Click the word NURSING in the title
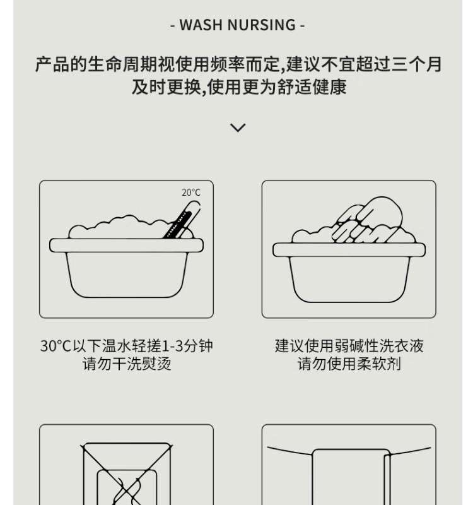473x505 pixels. (262, 25)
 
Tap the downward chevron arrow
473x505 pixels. (238, 128)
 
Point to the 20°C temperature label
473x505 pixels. (191, 193)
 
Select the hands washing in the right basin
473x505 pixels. (367, 220)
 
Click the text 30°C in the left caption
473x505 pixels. (55, 346)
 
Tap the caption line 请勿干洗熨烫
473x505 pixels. (127, 364)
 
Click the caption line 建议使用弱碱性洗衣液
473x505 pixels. (349, 346)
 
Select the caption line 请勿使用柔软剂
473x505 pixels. (349, 364)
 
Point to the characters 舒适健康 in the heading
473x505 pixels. (312, 87)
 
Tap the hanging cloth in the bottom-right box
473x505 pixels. (351, 477)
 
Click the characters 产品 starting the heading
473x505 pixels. (52, 64)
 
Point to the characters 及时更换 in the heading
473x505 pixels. (166, 87)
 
